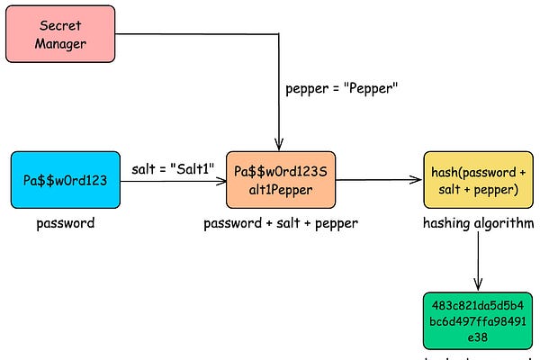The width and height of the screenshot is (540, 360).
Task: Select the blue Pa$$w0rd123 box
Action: click(65, 180)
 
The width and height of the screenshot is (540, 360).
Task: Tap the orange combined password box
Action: click(280, 180)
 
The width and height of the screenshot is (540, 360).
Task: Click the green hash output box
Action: click(477, 319)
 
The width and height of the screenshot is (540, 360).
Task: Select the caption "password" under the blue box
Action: click(65, 223)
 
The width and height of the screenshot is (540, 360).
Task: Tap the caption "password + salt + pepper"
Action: click(281, 223)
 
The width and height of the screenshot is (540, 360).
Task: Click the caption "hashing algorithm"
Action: click(478, 223)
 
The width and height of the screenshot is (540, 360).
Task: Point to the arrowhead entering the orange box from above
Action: click(279, 145)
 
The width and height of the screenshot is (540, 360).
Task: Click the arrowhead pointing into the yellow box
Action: click(418, 180)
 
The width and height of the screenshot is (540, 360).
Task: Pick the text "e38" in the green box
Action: click(477, 337)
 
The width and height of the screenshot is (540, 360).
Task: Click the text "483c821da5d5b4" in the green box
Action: click(477, 303)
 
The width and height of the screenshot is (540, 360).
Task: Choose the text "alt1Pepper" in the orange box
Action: click(280, 189)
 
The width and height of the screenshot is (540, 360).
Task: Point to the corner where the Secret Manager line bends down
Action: click(279, 34)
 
